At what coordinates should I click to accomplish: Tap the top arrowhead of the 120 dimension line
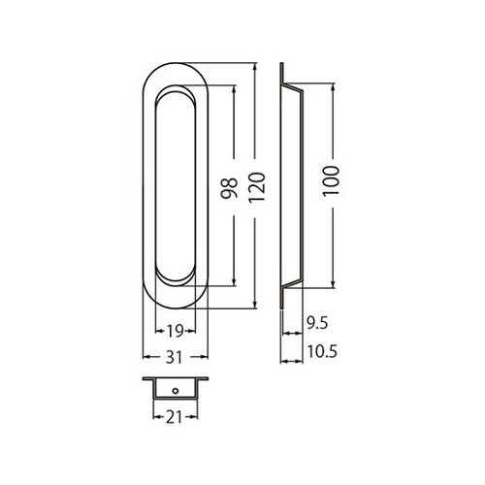pos(255,68)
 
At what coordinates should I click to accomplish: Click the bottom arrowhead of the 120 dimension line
pos(255,307)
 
